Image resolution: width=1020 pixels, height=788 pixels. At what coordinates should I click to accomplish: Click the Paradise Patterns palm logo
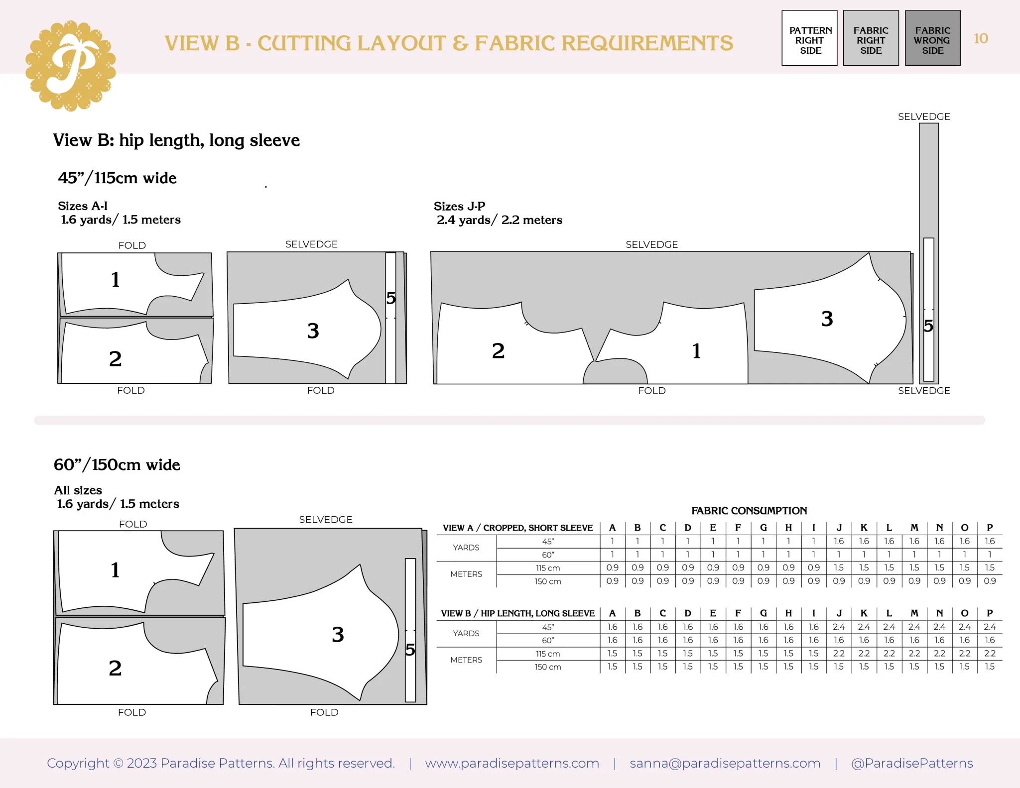(x=71, y=66)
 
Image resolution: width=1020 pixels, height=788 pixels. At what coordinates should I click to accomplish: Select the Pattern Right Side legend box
(x=809, y=38)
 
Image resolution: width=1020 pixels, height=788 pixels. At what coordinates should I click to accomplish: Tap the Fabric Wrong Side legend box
(x=932, y=38)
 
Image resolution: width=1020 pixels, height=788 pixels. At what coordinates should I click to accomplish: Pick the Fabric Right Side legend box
(x=871, y=38)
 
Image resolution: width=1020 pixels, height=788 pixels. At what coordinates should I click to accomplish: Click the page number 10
(x=981, y=38)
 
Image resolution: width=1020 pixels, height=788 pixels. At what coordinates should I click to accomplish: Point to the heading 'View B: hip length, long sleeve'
(x=176, y=140)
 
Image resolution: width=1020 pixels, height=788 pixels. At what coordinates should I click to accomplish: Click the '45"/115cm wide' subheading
(x=117, y=178)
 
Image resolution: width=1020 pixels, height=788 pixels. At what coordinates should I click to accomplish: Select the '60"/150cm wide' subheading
(x=117, y=464)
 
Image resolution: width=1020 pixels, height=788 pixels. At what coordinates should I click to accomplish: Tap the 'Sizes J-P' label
(x=459, y=206)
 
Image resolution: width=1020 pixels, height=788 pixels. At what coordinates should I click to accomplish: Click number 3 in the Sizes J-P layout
(x=827, y=319)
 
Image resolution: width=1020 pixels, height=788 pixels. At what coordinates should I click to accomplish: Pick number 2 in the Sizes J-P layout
(x=498, y=351)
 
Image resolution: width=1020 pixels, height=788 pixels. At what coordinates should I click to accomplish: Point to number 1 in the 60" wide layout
(x=115, y=570)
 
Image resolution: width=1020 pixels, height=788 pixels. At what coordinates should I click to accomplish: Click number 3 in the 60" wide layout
(x=338, y=634)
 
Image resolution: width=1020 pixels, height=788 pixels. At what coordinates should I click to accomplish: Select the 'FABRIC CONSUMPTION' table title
(x=749, y=511)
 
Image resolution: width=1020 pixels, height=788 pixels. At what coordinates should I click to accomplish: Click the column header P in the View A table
(x=990, y=528)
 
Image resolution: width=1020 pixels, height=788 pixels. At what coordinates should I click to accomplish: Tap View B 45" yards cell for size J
(x=839, y=627)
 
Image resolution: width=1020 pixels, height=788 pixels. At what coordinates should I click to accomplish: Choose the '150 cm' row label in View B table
(x=548, y=667)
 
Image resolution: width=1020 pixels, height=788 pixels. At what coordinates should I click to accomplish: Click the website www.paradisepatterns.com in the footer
(x=512, y=763)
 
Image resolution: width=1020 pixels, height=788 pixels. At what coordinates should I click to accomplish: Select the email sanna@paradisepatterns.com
(x=725, y=763)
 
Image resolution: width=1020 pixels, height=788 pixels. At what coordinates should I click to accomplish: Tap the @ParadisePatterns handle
(x=912, y=763)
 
